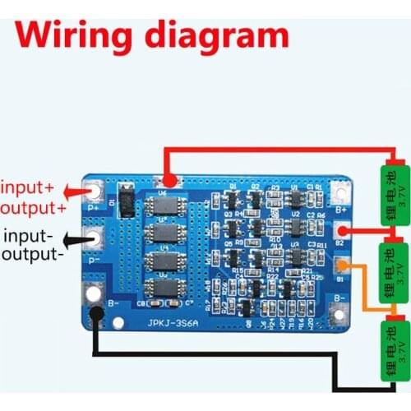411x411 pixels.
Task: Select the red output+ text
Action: [x=35, y=206]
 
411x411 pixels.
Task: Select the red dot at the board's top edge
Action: [x=169, y=180]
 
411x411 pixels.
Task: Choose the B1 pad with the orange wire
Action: [x=343, y=265]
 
